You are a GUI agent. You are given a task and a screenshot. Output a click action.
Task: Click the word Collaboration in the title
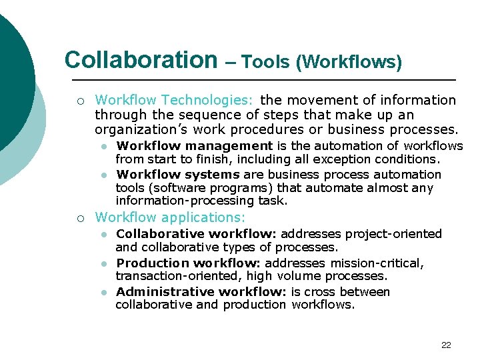[141, 60]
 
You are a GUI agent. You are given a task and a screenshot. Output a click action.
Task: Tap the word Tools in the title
[267, 63]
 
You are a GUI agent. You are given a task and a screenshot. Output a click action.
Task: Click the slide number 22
[446, 345]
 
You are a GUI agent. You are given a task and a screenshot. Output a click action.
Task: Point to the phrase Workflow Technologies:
[174, 101]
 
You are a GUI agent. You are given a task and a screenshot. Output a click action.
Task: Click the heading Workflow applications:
[170, 217]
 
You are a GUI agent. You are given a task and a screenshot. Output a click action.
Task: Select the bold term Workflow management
[194, 145]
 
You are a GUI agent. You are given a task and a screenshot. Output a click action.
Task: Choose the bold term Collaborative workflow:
[197, 233]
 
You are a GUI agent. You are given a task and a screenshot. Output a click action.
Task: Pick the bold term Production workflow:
[188, 263]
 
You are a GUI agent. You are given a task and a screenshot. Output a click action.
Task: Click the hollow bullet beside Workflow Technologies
[80, 101]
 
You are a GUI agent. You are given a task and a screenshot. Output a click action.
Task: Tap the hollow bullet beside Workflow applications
[80, 218]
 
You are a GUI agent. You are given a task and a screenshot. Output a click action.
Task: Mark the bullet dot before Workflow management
[104, 146]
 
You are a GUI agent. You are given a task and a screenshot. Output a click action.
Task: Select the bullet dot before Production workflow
[104, 263]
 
